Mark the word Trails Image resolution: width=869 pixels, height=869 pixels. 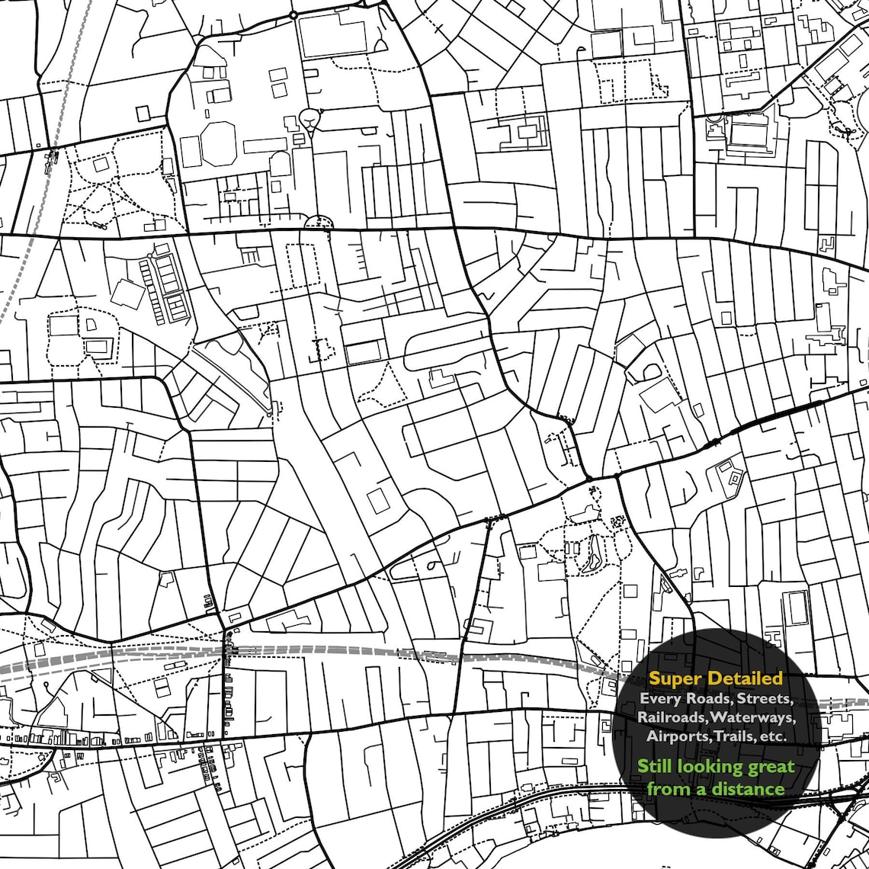tap(736, 736)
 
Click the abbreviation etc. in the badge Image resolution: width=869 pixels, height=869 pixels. tap(774, 736)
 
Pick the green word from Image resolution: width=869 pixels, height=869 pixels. tap(667, 789)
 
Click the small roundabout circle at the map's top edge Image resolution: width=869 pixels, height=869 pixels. tap(293, 14)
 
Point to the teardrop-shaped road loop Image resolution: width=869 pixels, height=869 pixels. tap(310, 117)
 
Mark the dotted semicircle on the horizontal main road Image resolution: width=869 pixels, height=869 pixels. tap(319, 222)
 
